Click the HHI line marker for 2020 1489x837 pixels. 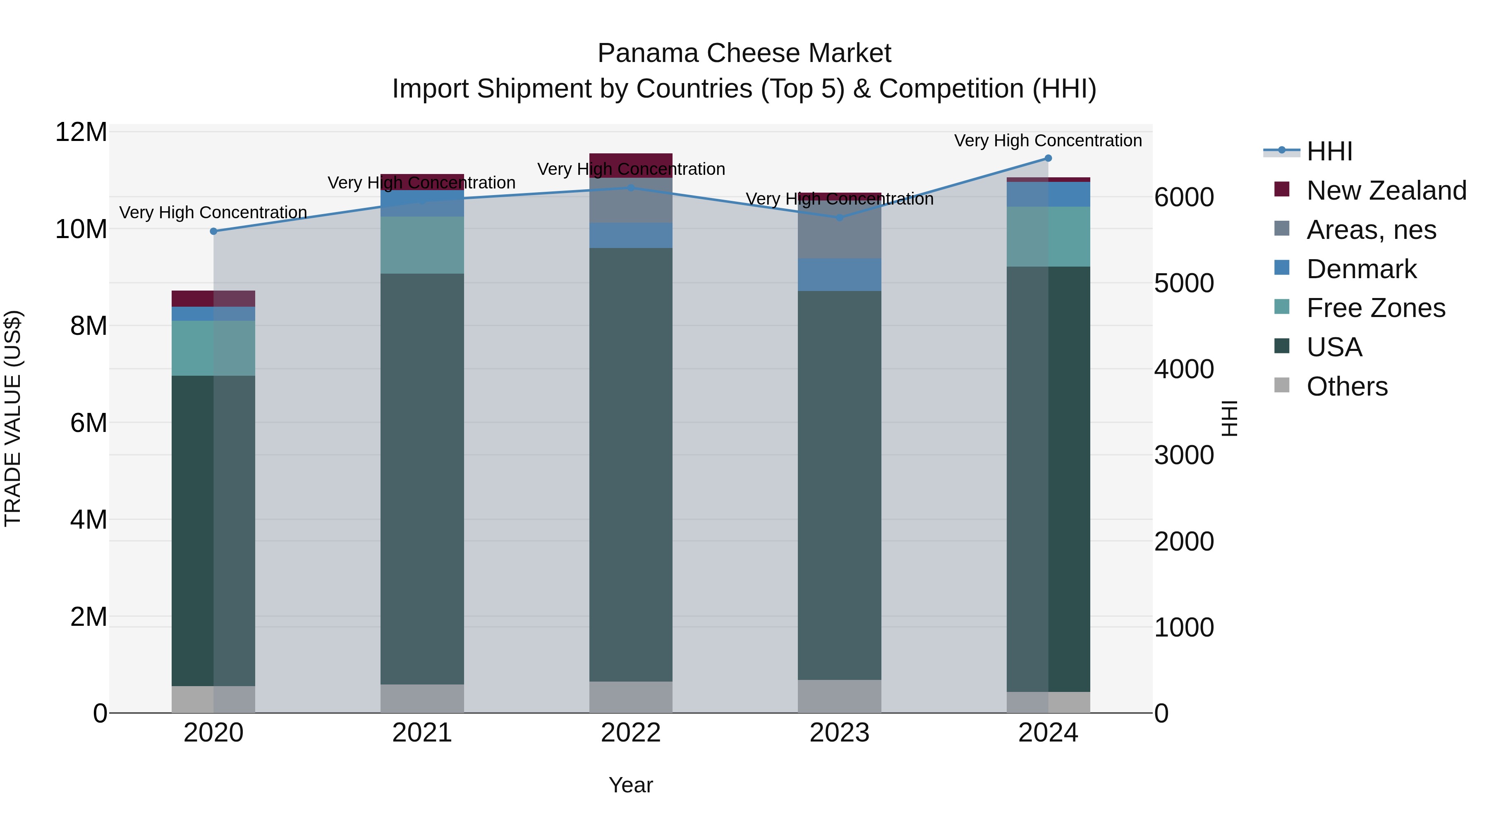(213, 231)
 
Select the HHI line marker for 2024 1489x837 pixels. (1048, 158)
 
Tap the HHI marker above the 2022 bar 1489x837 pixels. (631, 188)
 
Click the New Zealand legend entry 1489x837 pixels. (1386, 191)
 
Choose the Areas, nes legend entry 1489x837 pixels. (1371, 230)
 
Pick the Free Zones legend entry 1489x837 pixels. (1375, 308)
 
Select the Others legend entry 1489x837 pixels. (1346, 386)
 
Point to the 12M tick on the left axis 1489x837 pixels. (81, 132)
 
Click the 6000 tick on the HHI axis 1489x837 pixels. (1184, 198)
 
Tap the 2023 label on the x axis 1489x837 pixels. (839, 733)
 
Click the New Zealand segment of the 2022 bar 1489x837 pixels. (631, 165)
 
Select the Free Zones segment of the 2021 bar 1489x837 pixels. (422, 245)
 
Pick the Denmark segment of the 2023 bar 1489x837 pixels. (839, 274)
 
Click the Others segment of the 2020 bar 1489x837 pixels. (213, 699)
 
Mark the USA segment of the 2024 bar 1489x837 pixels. (1048, 479)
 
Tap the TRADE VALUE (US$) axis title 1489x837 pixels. (13, 418)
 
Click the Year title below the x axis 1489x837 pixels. (631, 785)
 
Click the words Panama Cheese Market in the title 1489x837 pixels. (744, 53)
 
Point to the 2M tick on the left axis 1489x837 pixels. (88, 617)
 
